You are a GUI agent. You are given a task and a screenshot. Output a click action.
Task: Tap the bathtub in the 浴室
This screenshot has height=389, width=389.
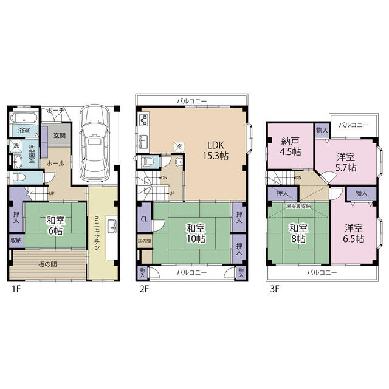click(x=24, y=118)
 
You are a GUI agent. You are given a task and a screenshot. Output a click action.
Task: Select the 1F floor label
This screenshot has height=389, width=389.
click(x=16, y=289)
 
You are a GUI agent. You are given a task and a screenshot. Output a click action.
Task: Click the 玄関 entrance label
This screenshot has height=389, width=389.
click(x=60, y=136)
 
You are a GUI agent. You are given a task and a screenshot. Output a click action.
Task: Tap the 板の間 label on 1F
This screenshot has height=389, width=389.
click(x=47, y=264)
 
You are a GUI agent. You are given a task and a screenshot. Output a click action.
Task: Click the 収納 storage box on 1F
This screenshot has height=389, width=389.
click(x=16, y=241)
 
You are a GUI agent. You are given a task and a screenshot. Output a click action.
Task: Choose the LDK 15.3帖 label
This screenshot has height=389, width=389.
click(x=216, y=150)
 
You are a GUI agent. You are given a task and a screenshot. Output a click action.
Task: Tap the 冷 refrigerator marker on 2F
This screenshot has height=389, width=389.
click(x=179, y=146)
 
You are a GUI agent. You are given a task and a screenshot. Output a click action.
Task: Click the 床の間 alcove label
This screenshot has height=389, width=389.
click(x=145, y=241)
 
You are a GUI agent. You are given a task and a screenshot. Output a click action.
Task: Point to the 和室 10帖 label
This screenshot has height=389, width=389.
click(x=196, y=233)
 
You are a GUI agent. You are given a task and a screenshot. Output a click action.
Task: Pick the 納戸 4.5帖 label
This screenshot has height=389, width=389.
click(x=291, y=146)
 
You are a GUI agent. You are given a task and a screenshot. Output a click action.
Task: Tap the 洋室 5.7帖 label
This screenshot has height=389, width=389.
click(x=346, y=162)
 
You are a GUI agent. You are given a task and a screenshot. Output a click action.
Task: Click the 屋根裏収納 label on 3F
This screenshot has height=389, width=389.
click(x=298, y=206)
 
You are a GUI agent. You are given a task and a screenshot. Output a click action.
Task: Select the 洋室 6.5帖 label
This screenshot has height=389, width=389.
click(x=354, y=233)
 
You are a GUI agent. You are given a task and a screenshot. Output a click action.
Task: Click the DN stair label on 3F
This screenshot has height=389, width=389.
click(x=298, y=177)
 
